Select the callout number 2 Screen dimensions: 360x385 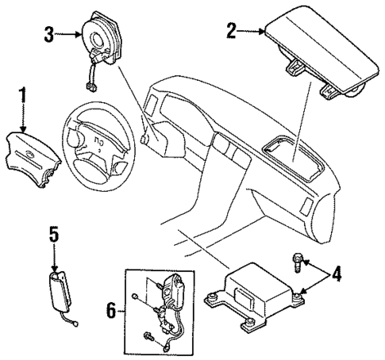click(x=231, y=32)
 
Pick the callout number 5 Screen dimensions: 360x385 click(x=53, y=235)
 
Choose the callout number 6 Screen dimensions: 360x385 click(x=111, y=310)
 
